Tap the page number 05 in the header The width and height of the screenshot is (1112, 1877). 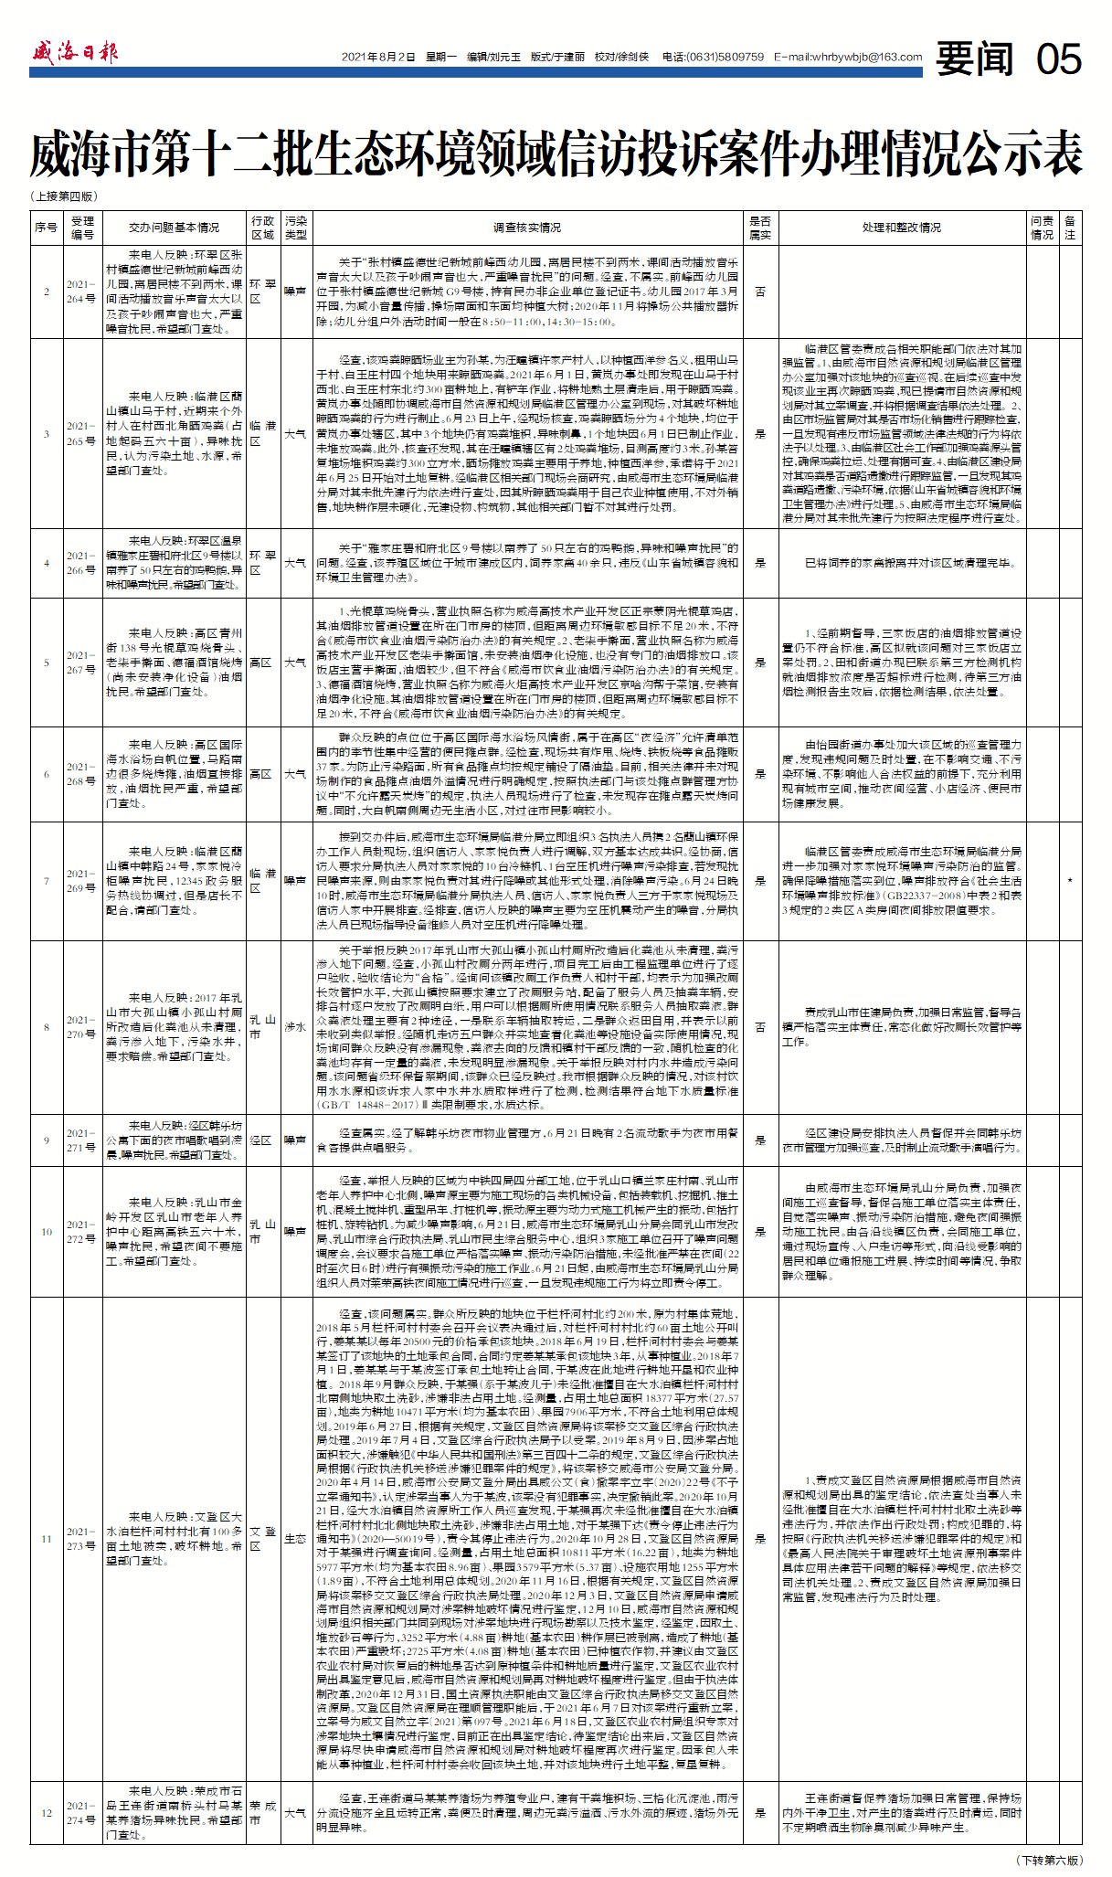click(1059, 58)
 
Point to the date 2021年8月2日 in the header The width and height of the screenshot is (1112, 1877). click(377, 57)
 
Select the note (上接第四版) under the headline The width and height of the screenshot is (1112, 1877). click(64, 196)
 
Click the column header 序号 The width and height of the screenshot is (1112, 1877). click(46, 228)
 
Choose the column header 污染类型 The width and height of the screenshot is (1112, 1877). click(295, 228)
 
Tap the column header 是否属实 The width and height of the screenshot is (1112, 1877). click(760, 228)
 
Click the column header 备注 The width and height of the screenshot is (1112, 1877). click(1070, 228)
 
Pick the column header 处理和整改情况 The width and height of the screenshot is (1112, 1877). click(900, 228)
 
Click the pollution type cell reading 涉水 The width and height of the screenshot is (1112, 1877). click(295, 1027)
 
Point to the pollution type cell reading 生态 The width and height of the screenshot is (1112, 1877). click(295, 1539)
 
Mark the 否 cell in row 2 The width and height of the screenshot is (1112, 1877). click(760, 292)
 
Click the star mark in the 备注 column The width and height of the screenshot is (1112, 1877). click(1070, 881)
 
